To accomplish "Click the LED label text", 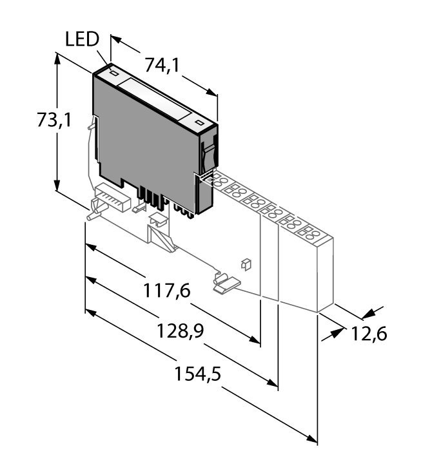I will [82, 40].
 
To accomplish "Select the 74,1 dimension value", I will [161, 65].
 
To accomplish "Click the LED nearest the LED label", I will [113, 73].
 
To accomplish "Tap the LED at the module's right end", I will [199, 122].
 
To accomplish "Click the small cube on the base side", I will [245, 263].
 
